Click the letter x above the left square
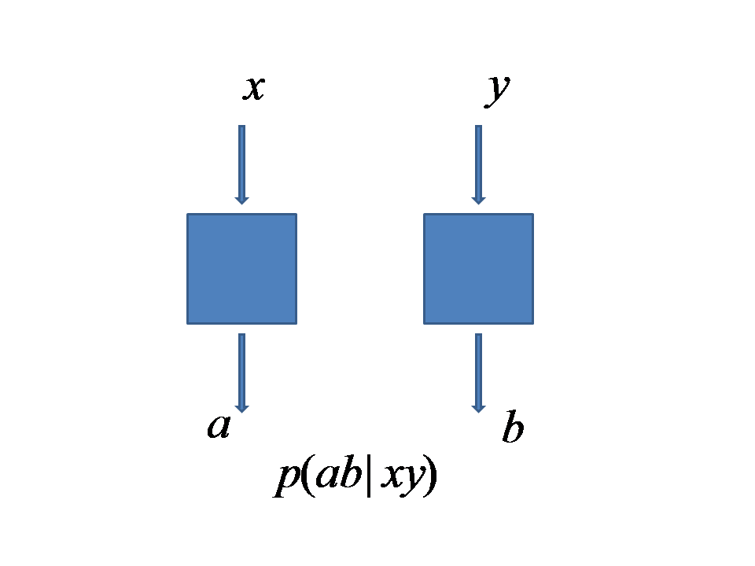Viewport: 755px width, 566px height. pos(253,88)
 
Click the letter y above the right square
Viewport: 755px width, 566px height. pos(497,90)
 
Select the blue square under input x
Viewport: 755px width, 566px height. pos(241,268)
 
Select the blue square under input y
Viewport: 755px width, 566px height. pos(478,268)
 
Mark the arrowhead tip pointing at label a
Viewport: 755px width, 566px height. pos(241,410)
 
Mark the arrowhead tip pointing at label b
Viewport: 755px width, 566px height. pos(478,410)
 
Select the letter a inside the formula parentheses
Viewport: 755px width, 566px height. pos(326,478)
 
